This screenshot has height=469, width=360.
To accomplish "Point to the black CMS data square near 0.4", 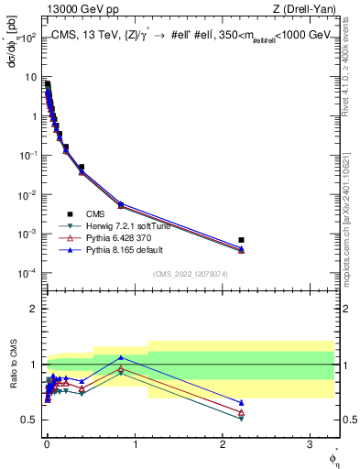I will (x=82, y=168).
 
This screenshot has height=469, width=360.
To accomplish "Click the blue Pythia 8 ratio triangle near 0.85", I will (x=121, y=357).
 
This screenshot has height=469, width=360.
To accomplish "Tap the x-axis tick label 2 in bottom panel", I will (x=224, y=442).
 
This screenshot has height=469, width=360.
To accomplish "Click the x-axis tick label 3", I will (x=311, y=442).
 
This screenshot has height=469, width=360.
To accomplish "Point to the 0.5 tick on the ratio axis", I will (x=29, y=420).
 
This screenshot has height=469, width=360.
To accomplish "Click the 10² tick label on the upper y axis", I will (x=28, y=38).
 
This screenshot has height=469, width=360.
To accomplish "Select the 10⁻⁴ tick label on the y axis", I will (x=28, y=273).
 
